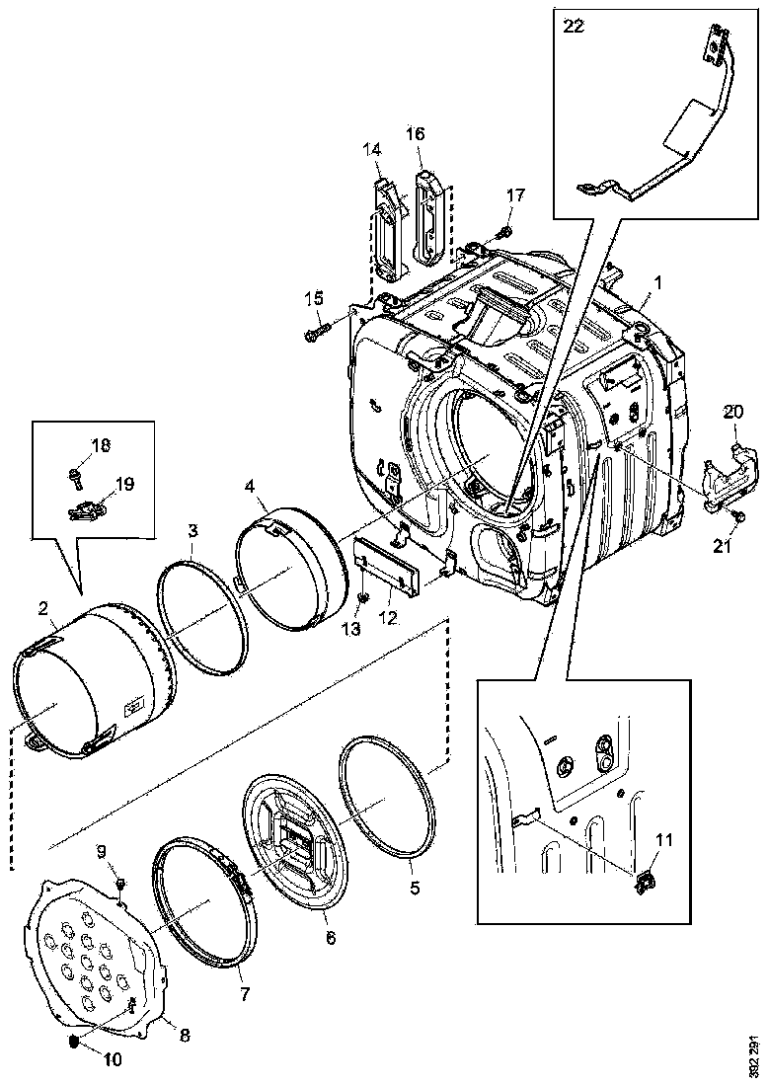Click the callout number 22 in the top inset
572,27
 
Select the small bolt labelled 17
503,232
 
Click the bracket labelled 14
387,222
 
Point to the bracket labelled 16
426,219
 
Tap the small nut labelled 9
118,881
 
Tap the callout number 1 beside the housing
657,282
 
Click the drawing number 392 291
753,1055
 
